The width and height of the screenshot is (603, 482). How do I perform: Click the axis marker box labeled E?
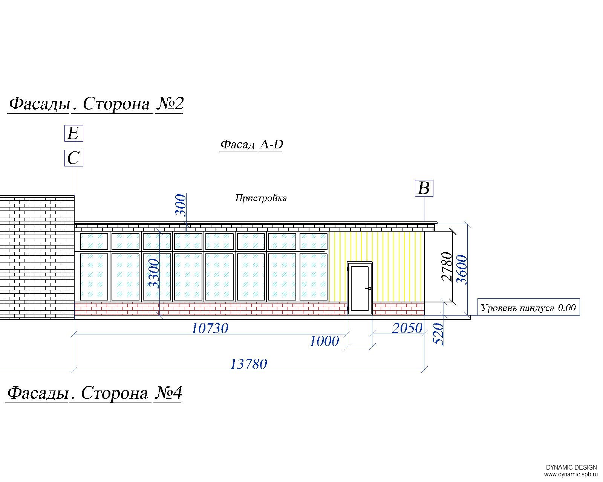pyautogui.click(x=74, y=133)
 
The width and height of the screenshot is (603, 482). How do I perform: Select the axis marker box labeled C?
pyautogui.click(x=74, y=158)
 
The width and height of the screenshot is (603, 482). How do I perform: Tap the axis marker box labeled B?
pyautogui.click(x=424, y=188)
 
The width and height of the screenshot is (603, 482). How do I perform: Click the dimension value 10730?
pyautogui.click(x=210, y=328)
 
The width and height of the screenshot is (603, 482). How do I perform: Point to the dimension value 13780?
pyautogui.click(x=248, y=365)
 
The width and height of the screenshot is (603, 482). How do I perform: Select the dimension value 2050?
pyautogui.click(x=407, y=328)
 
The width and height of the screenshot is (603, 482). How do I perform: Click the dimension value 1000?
pyautogui.click(x=324, y=341)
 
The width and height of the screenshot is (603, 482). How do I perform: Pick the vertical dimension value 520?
pyautogui.click(x=439, y=334)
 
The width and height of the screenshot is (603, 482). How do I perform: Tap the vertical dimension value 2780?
pyautogui.click(x=447, y=267)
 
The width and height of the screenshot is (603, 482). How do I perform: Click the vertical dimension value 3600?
pyautogui.click(x=462, y=270)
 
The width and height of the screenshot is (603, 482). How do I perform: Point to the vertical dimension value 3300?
pyautogui.click(x=154, y=274)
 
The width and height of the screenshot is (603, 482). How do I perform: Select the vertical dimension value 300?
pyautogui.click(x=181, y=205)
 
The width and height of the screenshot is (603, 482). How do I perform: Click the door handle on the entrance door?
pyautogui.click(x=368, y=288)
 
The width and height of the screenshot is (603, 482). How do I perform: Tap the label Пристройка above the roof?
pyautogui.click(x=261, y=198)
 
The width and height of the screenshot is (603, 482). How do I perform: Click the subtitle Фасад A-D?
pyautogui.click(x=252, y=145)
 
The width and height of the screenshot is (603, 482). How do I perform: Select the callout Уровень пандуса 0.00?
pyautogui.click(x=528, y=308)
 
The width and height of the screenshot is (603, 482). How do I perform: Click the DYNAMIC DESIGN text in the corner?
pyautogui.click(x=571, y=467)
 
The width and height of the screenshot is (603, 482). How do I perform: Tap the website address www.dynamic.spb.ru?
pyautogui.click(x=570, y=474)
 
